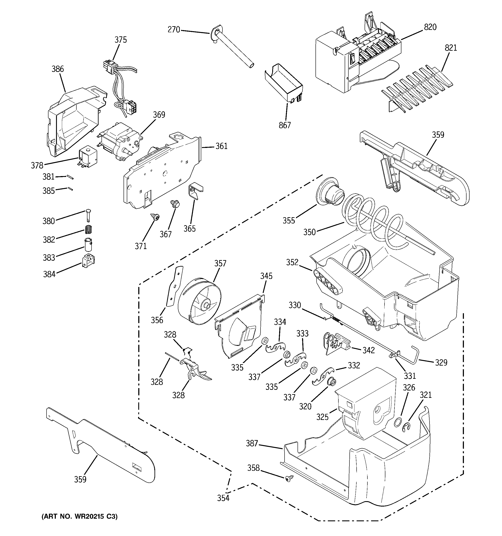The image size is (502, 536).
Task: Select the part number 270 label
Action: pyautogui.click(x=174, y=30)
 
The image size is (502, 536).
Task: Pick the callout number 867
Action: pyautogui.click(x=285, y=125)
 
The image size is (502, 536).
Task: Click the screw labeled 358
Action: pyautogui.click(x=289, y=479)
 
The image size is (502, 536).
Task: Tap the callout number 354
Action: pyautogui.click(x=223, y=498)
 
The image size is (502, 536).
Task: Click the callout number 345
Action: pyautogui.click(x=266, y=276)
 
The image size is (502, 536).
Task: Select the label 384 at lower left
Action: pyautogui.click(x=49, y=274)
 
